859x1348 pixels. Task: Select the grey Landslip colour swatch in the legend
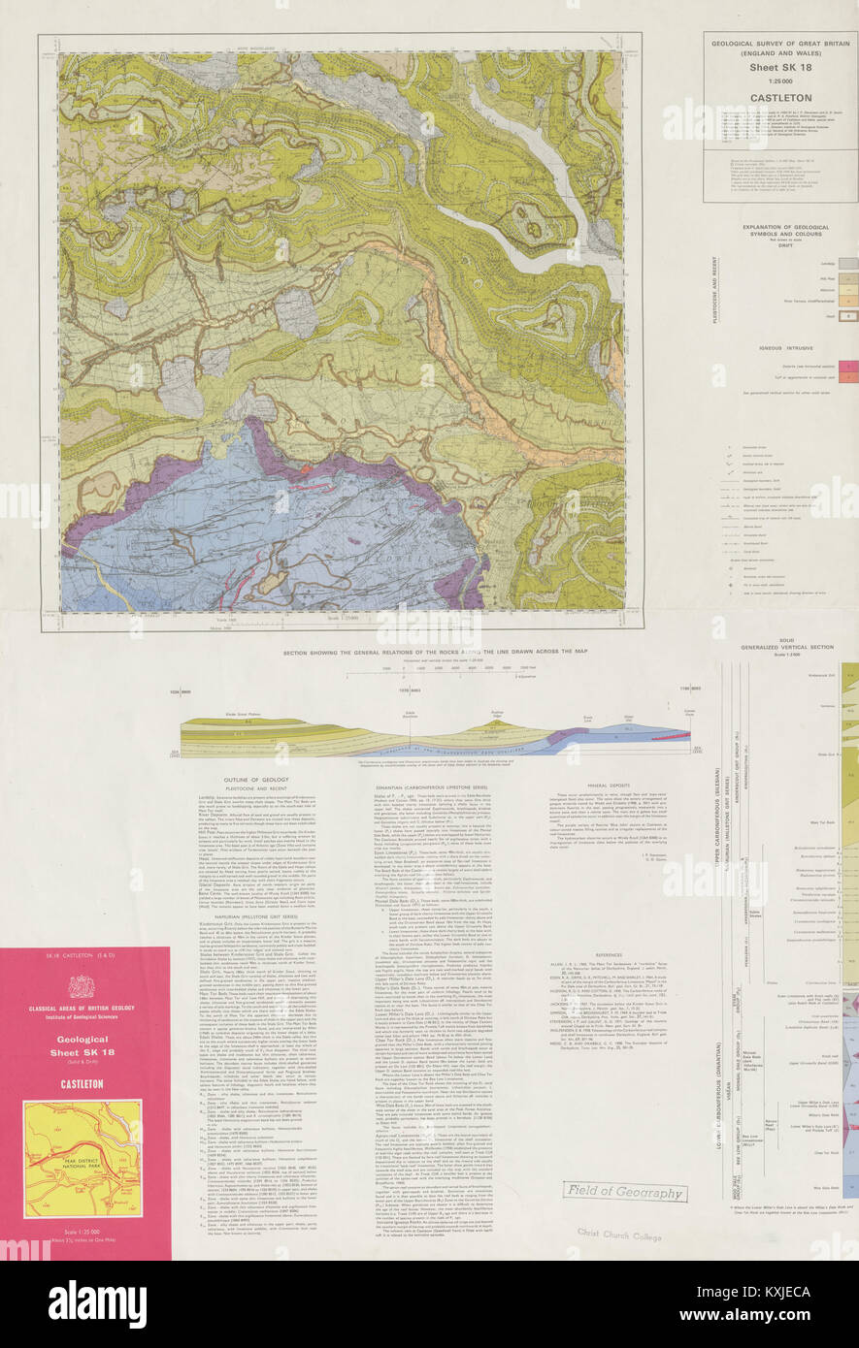(x=846, y=263)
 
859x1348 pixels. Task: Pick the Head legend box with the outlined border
(x=846, y=316)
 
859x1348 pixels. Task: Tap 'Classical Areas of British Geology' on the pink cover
(x=82, y=1014)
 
